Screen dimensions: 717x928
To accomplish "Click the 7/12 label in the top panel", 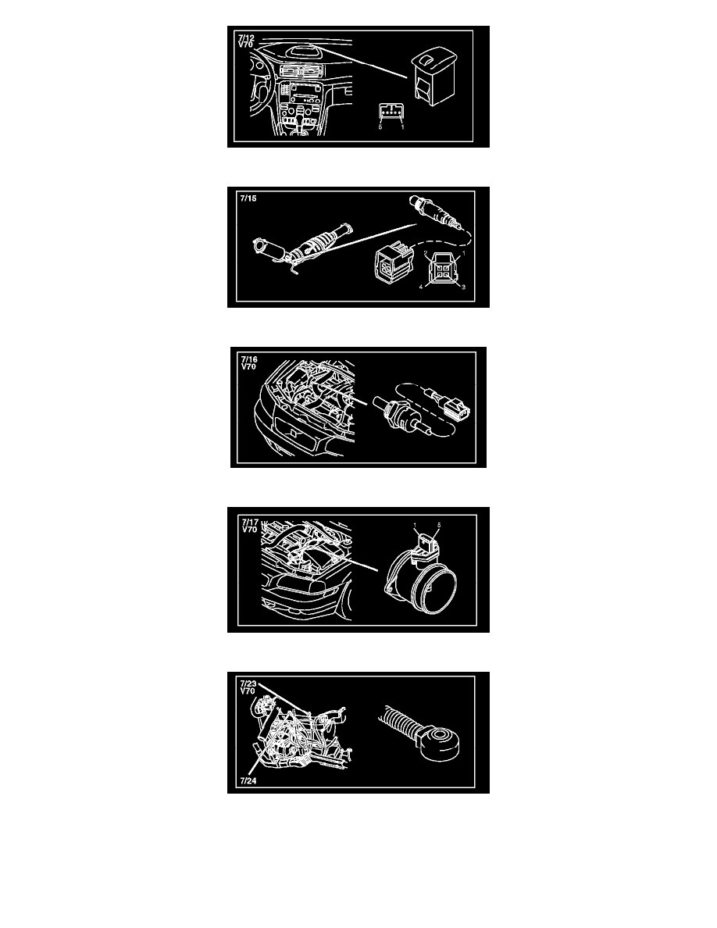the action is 246,37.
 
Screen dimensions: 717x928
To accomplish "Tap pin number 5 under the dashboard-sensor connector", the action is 380,127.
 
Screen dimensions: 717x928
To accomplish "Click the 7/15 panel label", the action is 248,198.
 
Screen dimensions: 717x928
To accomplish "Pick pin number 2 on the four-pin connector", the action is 426,254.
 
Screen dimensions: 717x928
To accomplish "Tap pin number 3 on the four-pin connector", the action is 463,287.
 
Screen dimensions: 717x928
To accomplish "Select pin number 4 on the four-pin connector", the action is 422,287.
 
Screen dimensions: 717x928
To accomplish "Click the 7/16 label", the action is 249,359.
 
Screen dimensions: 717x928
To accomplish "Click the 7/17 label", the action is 250,522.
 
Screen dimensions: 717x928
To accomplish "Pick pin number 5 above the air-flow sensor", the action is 439,525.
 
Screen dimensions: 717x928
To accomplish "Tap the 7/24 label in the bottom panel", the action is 248,780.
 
